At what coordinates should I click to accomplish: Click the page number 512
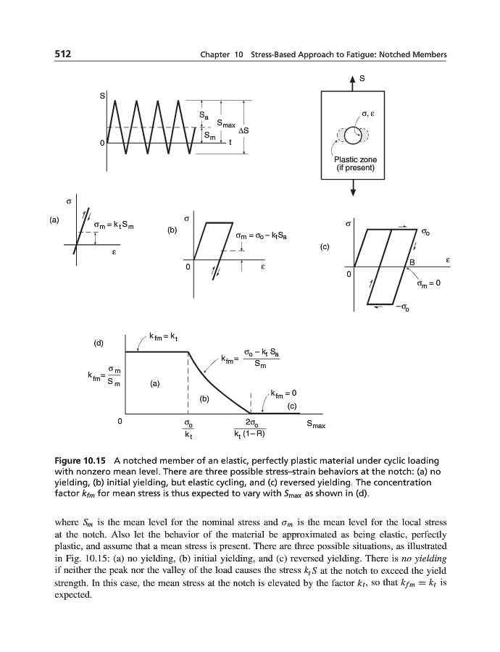65,55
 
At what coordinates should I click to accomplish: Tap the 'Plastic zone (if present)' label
351,164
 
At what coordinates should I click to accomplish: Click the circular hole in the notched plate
351,135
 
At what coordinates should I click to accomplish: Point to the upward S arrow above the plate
353,79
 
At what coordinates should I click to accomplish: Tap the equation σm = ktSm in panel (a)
120,226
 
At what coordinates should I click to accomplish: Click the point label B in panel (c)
412,262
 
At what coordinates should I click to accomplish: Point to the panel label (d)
99,341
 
